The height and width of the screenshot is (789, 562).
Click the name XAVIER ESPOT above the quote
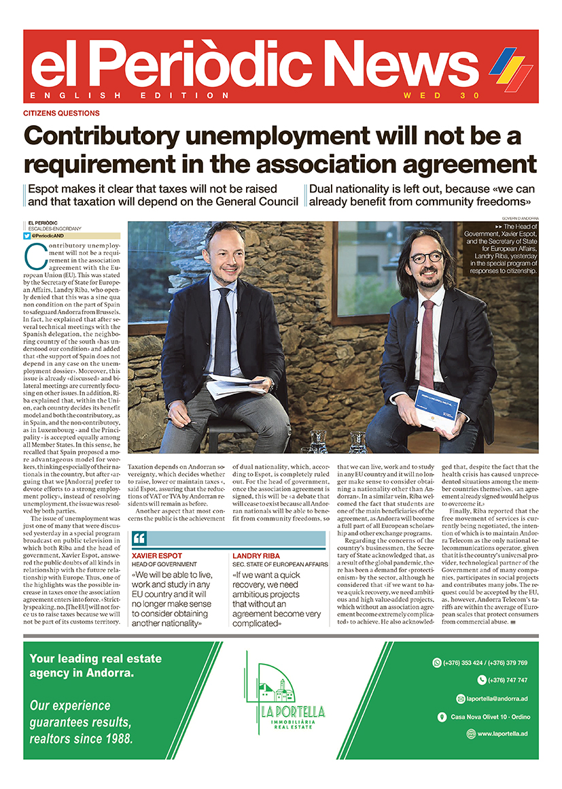click(x=157, y=537)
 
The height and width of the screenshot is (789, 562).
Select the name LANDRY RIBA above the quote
click(x=256, y=537)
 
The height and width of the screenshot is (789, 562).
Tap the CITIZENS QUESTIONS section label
click(x=62, y=114)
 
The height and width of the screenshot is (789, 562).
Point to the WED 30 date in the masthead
click(x=441, y=95)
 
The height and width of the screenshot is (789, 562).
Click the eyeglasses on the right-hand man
click(x=426, y=258)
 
